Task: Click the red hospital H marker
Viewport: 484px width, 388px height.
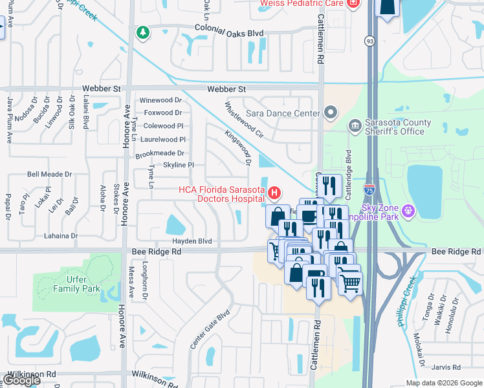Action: [x=275, y=193]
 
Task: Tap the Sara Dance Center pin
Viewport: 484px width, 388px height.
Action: [x=331, y=113]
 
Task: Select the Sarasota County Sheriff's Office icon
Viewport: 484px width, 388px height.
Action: [x=355, y=125]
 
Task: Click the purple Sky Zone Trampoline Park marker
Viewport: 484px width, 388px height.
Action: [x=408, y=210]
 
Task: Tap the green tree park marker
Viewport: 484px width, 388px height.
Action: [x=142, y=32]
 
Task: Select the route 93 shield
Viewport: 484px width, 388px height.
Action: [x=369, y=41]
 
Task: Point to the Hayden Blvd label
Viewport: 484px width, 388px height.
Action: [x=192, y=241]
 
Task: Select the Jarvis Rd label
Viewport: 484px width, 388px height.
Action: [x=446, y=367]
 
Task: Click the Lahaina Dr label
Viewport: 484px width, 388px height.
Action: [x=61, y=236]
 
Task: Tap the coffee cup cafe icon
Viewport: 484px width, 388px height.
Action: [x=309, y=215]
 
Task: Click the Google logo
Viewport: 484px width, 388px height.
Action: [x=21, y=380]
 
